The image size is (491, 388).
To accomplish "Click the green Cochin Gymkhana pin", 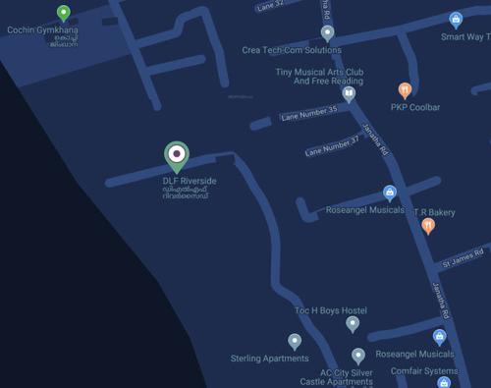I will click(x=64, y=13).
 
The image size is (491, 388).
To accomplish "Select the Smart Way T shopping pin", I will click(x=456, y=19).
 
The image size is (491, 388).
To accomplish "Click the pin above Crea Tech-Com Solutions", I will click(x=328, y=32).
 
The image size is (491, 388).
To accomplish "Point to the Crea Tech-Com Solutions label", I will click(x=292, y=50).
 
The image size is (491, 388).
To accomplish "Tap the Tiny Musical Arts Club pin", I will click(x=348, y=94).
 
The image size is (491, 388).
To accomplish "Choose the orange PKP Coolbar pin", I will click(x=404, y=90).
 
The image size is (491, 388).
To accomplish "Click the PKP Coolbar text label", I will click(x=415, y=107).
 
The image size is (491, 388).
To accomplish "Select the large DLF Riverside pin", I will click(x=176, y=155).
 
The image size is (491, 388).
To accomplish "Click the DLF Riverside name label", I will click(x=190, y=182).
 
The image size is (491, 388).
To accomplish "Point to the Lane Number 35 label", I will click(x=308, y=113).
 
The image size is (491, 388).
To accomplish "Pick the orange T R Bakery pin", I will click(x=427, y=226).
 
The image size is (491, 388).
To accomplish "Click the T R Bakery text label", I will click(x=434, y=211).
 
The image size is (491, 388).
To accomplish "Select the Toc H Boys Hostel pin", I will click(x=353, y=324).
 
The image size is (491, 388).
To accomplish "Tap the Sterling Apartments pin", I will click(x=295, y=341).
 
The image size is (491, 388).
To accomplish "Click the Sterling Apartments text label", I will click(x=269, y=359).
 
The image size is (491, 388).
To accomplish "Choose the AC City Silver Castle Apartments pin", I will click(x=358, y=356).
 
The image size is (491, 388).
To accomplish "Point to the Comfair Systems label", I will click(x=424, y=371).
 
